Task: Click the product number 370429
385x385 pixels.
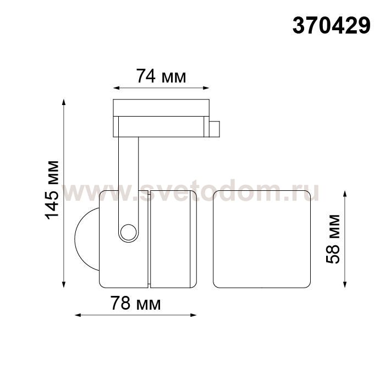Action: tap(331, 26)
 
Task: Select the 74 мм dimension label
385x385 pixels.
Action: tap(161, 76)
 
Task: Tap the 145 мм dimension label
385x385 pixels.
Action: tap(52, 190)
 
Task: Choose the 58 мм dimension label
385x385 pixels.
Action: tap(333, 239)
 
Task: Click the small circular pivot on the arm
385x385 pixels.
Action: tap(128, 232)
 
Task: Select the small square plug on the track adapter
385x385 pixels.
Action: tap(214, 129)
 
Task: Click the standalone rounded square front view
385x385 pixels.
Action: tap(262, 239)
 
